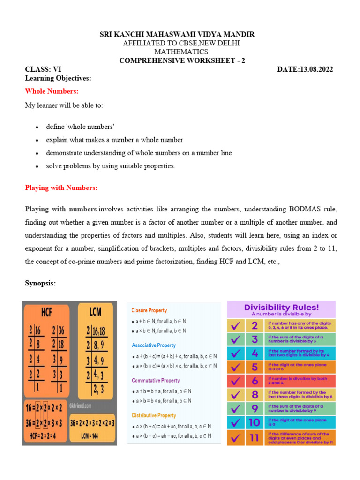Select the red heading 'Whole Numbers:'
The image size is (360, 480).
pyautogui.click(x=52, y=91)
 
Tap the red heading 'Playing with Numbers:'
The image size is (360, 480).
pyautogui.click(x=61, y=187)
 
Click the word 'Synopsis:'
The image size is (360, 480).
pyautogui.click(x=40, y=283)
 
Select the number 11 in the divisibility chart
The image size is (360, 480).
pyautogui.click(x=254, y=438)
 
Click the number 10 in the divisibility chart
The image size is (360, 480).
pyautogui.click(x=254, y=422)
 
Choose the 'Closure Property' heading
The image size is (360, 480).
pyautogui.click(x=149, y=310)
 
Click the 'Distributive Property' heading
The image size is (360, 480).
pyautogui.click(x=154, y=415)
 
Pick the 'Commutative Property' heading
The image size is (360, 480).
pyautogui.click(x=156, y=381)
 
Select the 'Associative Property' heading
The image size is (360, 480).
pyautogui.click(x=154, y=345)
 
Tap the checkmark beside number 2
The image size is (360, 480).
pyautogui.click(x=237, y=326)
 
